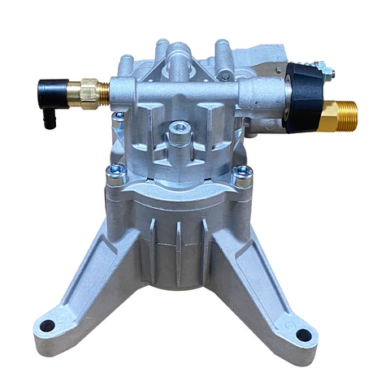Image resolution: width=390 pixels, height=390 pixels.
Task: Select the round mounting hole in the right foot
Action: (302, 334)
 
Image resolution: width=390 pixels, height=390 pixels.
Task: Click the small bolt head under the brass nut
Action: (119, 116)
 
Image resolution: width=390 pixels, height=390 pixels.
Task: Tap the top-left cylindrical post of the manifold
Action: (128, 63)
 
